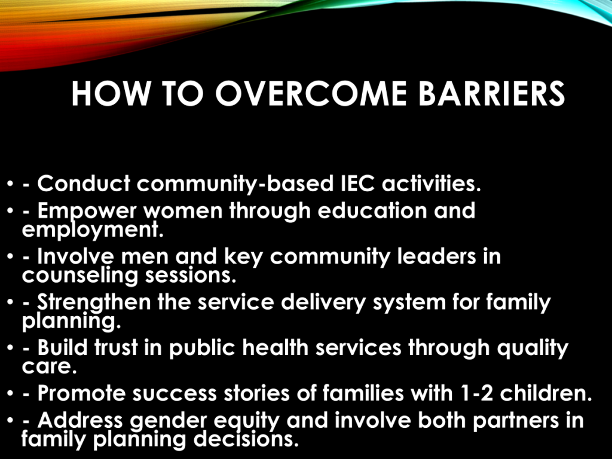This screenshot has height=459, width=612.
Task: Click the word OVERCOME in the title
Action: click(x=311, y=94)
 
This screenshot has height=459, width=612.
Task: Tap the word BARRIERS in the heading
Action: click(x=492, y=94)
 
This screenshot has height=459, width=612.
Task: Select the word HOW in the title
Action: click(x=111, y=94)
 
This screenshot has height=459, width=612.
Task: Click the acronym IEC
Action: click(x=357, y=183)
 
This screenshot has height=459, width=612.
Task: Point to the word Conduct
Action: click(x=84, y=183)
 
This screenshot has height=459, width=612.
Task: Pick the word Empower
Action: click(x=87, y=212)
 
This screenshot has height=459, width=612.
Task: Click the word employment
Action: click(x=93, y=230)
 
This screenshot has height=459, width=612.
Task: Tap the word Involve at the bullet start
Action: click(x=76, y=256)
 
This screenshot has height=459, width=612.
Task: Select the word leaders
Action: click(x=436, y=256)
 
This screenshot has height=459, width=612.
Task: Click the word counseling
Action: click(x=80, y=276)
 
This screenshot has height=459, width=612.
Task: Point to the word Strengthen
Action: click(x=94, y=302)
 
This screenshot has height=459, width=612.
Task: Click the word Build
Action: click(x=62, y=347)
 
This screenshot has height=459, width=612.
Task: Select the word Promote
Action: click(x=81, y=393)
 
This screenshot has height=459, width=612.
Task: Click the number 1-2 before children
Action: click(x=476, y=393)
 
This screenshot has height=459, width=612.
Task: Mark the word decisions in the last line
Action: click(x=246, y=439)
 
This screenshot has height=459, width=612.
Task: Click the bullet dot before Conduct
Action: click(x=11, y=183)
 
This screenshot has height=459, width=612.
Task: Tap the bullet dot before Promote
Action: click(x=11, y=393)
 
